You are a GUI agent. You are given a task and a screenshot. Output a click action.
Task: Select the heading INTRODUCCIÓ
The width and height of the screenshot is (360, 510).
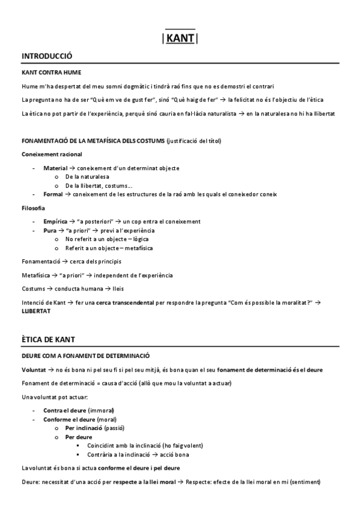pos(46,56)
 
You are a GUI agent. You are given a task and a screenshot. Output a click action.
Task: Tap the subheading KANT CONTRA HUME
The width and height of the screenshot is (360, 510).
pos(51,72)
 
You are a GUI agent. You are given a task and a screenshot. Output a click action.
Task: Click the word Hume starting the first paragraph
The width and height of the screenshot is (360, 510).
pos(28,86)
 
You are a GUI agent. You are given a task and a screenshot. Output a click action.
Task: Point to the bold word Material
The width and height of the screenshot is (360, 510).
pos(55,168)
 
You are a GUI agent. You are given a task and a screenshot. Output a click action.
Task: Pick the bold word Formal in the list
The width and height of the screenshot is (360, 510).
pos(53,194)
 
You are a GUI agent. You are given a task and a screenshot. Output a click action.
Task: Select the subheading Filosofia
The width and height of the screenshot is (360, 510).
pos(32,208)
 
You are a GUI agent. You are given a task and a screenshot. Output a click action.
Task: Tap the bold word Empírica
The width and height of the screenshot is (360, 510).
pos(56,221)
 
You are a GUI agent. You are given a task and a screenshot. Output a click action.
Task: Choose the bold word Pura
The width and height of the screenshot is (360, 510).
pos(50,230)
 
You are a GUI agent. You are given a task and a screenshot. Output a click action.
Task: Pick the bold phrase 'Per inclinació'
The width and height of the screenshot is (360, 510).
pos(84,428)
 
